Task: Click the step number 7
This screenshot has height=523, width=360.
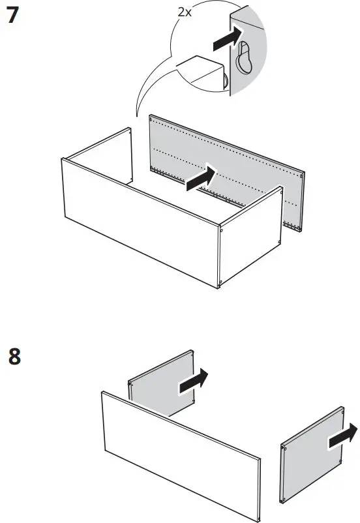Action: [12, 16]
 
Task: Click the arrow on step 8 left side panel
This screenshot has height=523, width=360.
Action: [194, 381]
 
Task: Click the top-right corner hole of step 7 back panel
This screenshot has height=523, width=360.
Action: [302, 174]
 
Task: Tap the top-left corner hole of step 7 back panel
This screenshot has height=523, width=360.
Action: [152, 119]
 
